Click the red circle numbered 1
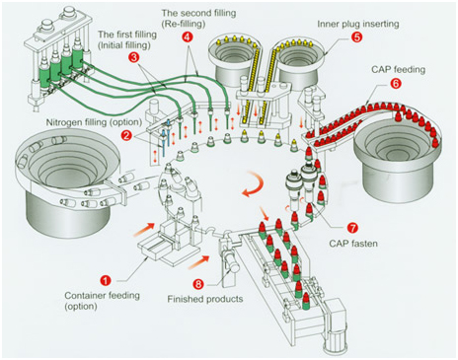tap(106, 280)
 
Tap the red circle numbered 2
tap(126, 135)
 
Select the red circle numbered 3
tap(133, 57)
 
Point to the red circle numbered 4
tap(187, 36)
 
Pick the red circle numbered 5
tap(356, 36)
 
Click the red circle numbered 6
tap(396, 83)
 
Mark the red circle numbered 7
tap(352, 228)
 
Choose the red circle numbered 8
tap(198, 283)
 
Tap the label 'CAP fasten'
tap(353, 244)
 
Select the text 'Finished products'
tap(205, 299)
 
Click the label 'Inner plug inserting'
tap(358, 24)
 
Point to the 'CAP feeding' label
tap(398, 70)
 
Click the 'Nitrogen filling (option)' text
tap(94, 122)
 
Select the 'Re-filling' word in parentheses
tap(184, 24)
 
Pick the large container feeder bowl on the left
tap(66, 180)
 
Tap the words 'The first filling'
tap(127, 35)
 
